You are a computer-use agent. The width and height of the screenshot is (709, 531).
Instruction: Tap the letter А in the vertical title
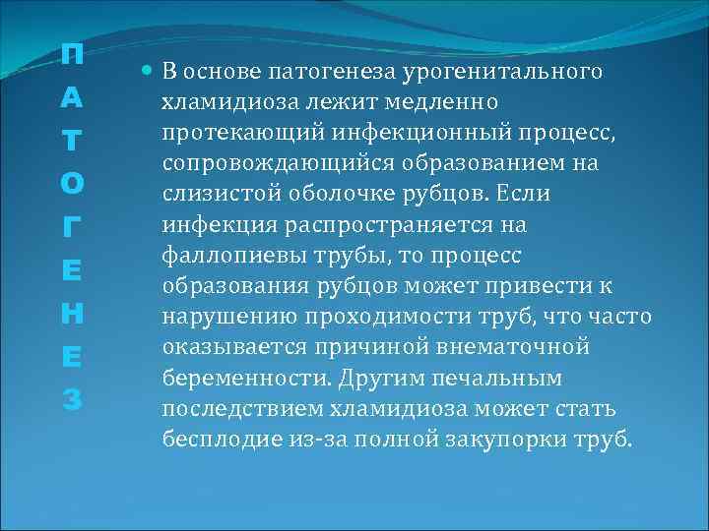tap(71, 101)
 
